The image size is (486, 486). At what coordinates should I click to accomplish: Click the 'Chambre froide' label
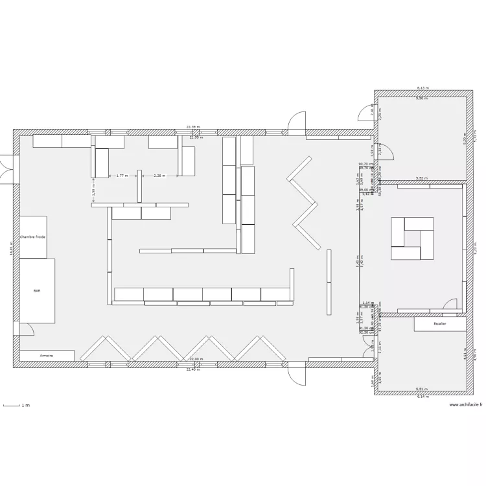pyautogui.click(x=32, y=238)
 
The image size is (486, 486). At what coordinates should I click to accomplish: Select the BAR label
pyautogui.click(x=36, y=292)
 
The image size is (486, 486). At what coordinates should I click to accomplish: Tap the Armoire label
pyautogui.click(x=46, y=356)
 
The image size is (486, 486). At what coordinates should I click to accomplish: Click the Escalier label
pyautogui.click(x=439, y=323)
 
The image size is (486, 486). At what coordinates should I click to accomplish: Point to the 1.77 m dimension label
pyautogui.click(x=122, y=175)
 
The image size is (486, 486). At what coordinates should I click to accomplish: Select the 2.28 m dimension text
pyautogui.click(x=159, y=175)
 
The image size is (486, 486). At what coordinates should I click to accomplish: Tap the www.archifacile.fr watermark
pyautogui.click(x=465, y=406)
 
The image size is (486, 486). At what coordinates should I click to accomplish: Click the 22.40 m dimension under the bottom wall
pyautogui.click(x=194, y=369)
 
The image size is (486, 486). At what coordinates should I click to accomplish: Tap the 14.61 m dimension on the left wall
pyautogui.click(x=11, y=248)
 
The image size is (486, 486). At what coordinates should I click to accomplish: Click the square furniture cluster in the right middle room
pyautogui.click(x=412, y=238)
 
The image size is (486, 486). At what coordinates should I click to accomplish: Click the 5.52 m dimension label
pyautogui.click(x=421, y=178)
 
